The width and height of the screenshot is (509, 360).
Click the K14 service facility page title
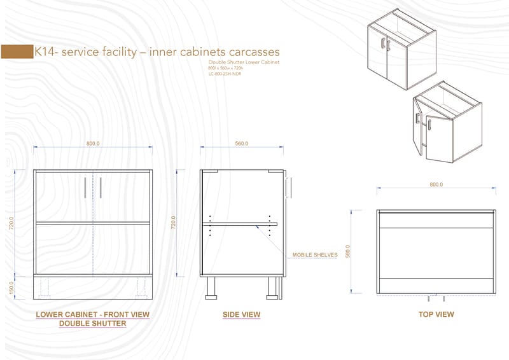157,52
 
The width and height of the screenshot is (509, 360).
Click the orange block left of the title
17,52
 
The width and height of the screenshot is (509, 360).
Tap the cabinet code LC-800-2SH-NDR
225,74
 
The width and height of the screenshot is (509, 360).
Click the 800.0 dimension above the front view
94,144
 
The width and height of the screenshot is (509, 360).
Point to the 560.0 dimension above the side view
242,144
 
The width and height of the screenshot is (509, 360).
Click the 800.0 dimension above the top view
436,184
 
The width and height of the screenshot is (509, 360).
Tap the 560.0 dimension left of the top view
348,252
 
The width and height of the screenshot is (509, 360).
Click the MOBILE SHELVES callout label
314,255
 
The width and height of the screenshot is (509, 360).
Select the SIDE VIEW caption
241,315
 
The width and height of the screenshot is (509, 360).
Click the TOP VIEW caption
436,314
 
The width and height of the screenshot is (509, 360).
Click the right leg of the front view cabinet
139,287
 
